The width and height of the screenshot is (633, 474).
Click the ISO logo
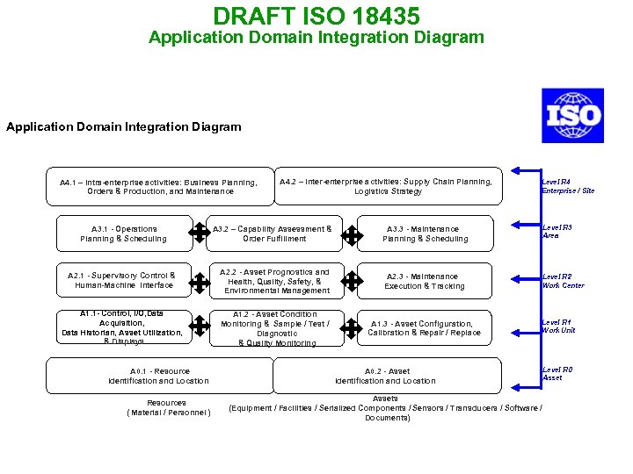pyautogui.click(x=572, y=116)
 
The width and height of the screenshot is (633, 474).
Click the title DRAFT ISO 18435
pyautogui.click(x=316, y=16)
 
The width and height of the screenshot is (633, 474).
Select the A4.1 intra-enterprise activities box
pyautogui.click(x=160, y=186)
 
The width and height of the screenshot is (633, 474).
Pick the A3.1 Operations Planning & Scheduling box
pyautogui.click(x=123, y=233)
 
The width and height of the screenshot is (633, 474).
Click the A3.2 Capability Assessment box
pyautogui.click(x=273, y=233)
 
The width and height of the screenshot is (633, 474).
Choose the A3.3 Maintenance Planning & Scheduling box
pyautogui.click(x=426, y=233)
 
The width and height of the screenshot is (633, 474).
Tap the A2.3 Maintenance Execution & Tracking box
pyautogui.click(x=424, y=281)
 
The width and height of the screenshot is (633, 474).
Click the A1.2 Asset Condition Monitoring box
pyautogui.click(x=274, y=328)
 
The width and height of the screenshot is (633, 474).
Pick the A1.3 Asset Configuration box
pyautogui.click(x=424, y=328)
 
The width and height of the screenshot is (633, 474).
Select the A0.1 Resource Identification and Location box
pyautogui.click(x=158, y=376)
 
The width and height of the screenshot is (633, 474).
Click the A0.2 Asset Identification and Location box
pyautogui.click(x=385, y=376)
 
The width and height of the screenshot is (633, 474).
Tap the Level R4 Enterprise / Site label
pyautogui.click(x=568, y=186)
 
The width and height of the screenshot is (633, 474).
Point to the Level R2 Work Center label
pyautogui.click(x=564, y=281)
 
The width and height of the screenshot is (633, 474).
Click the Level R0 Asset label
pyautogui.click(x=557, y=374)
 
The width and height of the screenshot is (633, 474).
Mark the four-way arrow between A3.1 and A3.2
pyautogui.click(x=200, y=233)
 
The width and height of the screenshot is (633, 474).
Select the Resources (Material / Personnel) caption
pyautogui.click(x=167, y=407)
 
